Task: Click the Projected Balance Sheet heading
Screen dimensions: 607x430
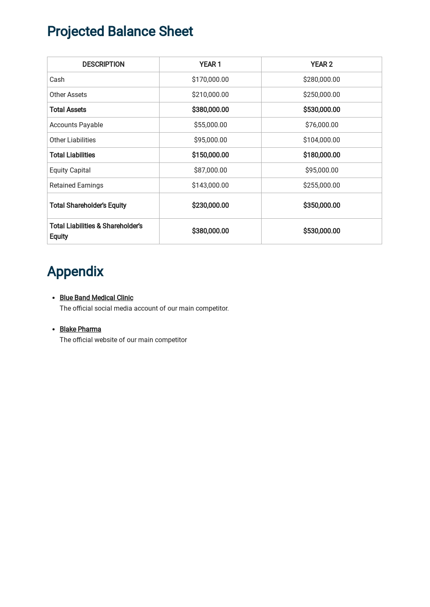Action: click(x=120, y=31)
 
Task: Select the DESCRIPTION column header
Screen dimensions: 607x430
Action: click(x=103, y=64)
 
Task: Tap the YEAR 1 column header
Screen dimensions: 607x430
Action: click(x=210, y=64)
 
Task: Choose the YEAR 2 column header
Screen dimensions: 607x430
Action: click(x=321, y=64)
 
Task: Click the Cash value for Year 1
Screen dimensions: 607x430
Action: click(x=210, y=79)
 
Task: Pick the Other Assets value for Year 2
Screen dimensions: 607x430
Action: click(x=321, y=94)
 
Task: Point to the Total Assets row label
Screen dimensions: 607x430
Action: click(x=68, y=110)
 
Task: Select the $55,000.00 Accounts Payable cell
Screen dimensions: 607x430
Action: click(x=210, y=125)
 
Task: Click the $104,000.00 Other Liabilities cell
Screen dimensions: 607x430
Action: click(x=321, y=140)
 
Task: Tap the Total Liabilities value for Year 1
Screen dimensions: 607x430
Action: click(x=210, y=155)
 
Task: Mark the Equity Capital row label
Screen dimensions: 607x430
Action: click(x=70, y=170)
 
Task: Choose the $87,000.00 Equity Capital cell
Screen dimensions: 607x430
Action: click(x=210, y=170)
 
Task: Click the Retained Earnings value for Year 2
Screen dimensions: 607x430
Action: click(x=321, y=185)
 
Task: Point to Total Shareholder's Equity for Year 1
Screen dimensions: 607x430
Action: click(x=210, y=205)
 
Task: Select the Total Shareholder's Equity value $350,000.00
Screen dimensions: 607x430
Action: click(x=321, y=205)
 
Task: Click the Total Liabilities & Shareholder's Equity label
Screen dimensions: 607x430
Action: click(x=96, y=231)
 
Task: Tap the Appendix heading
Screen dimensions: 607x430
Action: click(x=75, y=272)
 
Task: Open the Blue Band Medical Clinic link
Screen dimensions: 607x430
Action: click(x=96, y=298)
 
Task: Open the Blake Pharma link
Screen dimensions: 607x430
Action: click(x=80, y=329)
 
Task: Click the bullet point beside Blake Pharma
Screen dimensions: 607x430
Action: click(x=53, y=330)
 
